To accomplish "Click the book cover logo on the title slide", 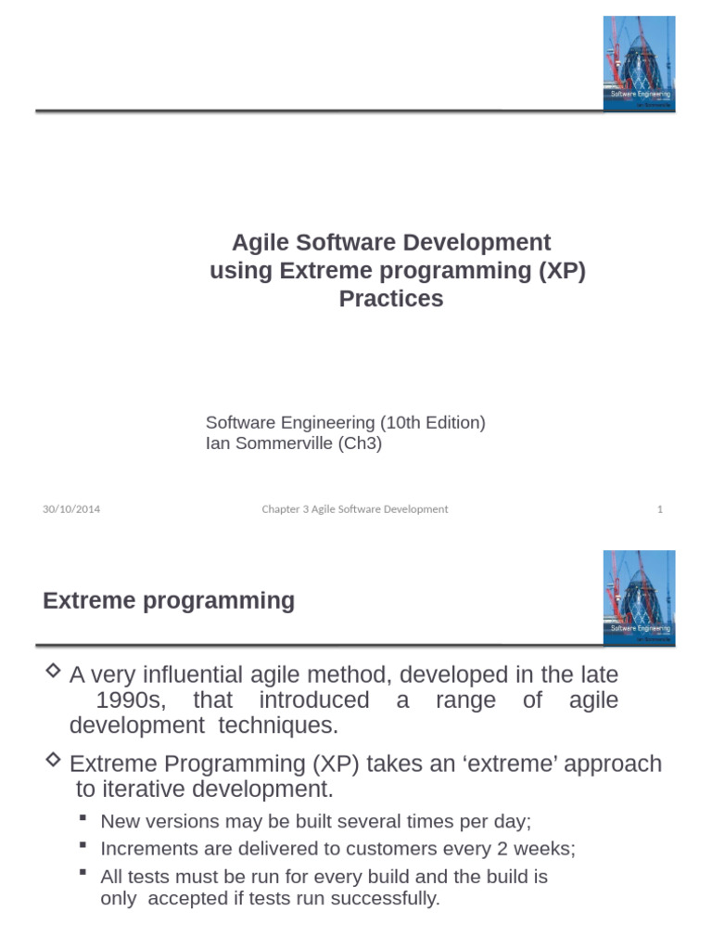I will [639, 63].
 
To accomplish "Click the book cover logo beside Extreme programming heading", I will [639, 597].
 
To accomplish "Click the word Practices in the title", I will [390, 299].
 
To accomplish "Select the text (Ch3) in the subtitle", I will [360, 443].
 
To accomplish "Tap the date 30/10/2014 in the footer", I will [71, 509].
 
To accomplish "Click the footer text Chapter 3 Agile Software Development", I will [354, 509].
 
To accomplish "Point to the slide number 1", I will [660, 509].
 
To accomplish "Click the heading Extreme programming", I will [169, 601].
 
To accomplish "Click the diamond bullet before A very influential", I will [53, 670].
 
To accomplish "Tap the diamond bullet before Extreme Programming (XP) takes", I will [53, 760].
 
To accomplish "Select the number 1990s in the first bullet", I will [131, 700].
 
